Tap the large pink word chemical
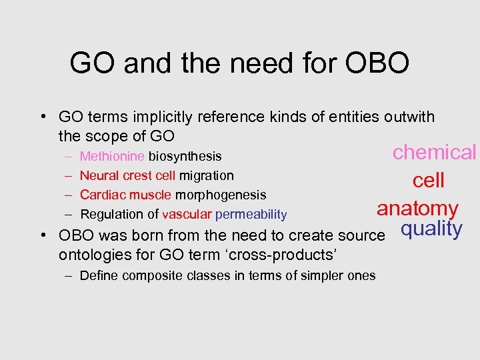(434, 152)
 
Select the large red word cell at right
(429, 181)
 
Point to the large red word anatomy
(417, 209)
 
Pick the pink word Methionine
(112, 157)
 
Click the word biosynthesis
(185, 157)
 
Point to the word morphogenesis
(220, 195)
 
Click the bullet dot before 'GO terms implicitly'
(42, 118)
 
